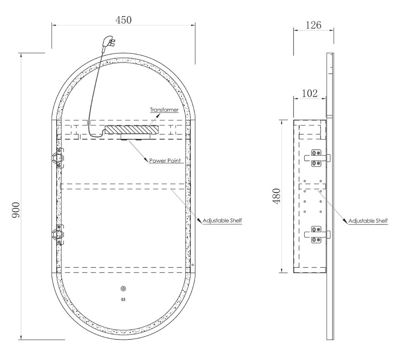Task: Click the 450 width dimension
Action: tap(124, 20)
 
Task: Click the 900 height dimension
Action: tap(16, 210)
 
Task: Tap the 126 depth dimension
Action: tap(313, 25)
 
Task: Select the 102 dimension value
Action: tap(309, 93)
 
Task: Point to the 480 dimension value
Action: tap(276, 196)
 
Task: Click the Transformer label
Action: tap(164, 110)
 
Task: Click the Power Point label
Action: tap(165, 161)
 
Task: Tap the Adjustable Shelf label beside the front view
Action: tap(222, 221)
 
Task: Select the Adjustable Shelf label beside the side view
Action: tap(368, 221)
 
